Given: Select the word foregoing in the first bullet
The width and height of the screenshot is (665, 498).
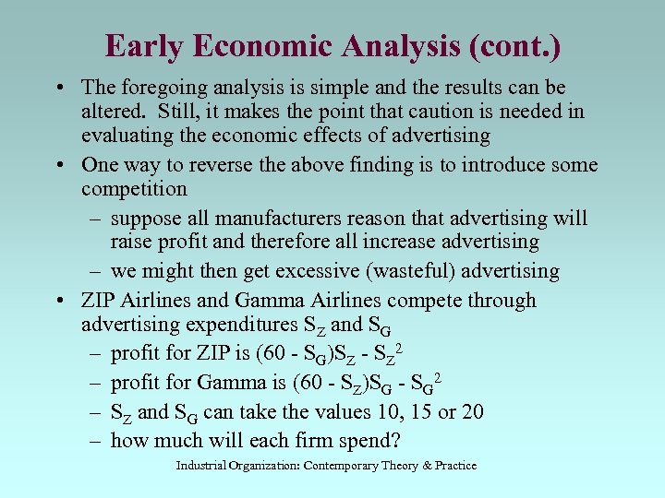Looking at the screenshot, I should [163, 88].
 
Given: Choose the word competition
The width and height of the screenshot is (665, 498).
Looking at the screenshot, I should [134, 189].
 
